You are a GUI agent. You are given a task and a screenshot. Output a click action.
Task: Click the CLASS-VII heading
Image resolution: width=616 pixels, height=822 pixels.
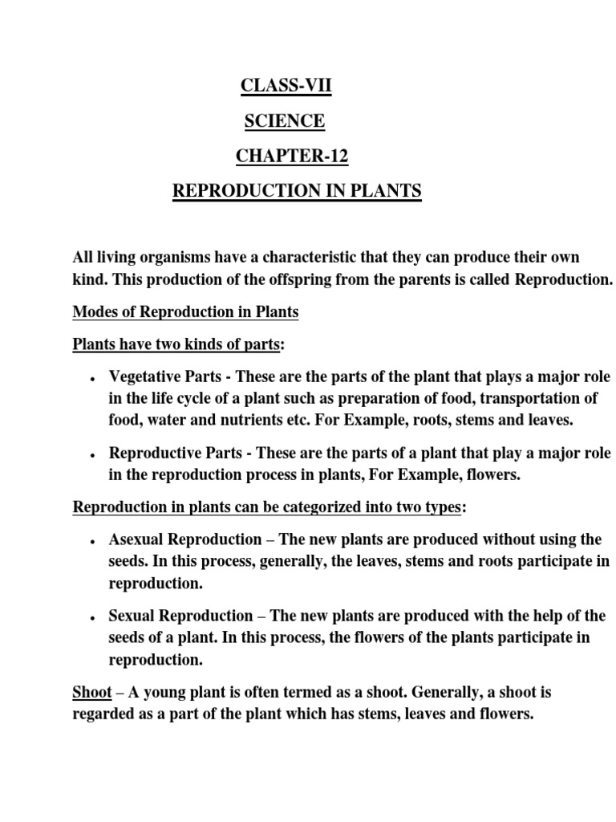pos(286,86)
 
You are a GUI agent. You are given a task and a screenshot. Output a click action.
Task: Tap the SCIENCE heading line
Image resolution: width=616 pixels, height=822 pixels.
pos(285,121)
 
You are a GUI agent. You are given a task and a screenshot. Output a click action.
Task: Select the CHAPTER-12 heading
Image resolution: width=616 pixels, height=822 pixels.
pos(292,157)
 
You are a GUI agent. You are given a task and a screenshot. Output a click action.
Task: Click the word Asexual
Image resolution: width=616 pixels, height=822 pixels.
pos(135,539)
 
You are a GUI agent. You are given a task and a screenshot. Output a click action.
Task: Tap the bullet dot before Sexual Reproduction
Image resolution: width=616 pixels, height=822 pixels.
pos(94,617)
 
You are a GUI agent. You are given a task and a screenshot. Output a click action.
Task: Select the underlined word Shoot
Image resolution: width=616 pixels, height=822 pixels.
pos(91,692)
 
